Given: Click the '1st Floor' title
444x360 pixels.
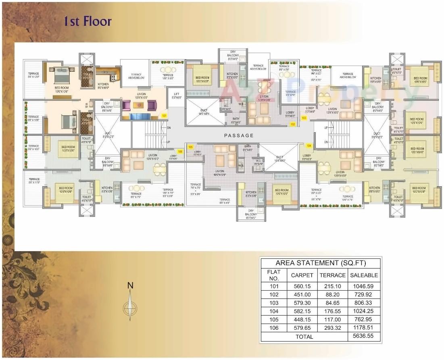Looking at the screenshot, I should (88, 21).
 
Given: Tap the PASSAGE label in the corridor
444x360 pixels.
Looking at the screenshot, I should (240, 135).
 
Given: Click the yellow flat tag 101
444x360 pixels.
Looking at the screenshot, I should (164, 116).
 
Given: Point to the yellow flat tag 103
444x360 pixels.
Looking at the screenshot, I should (304, 118).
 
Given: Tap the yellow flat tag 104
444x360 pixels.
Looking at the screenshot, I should (309, 145).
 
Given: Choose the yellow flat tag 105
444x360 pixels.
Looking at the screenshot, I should (190, 147).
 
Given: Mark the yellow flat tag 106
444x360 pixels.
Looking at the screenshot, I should (180, 152).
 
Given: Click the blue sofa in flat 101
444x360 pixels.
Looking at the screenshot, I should (140, 117).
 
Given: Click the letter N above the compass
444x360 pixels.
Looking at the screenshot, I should (130, 285).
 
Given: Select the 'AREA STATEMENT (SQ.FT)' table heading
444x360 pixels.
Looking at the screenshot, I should (321, 263).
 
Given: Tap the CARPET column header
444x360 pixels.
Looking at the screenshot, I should (302, 275).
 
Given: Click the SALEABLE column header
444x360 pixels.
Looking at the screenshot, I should (364, 275).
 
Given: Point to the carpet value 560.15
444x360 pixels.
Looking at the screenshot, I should (302, 286).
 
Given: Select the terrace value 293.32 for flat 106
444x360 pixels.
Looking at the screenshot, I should (333, 328).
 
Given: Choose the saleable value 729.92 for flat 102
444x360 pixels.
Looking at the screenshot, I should (364, 295).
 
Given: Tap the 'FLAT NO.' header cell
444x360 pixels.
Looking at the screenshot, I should (273, 275).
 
